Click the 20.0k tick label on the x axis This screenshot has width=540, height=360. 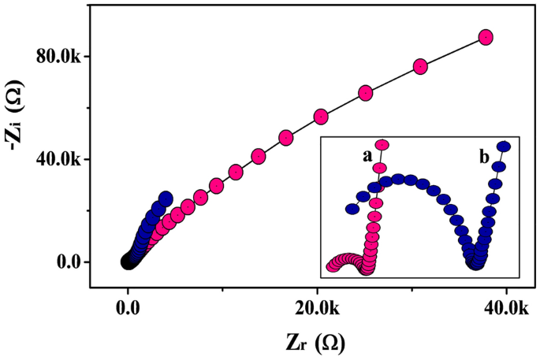pyautogui.click(x=316, y=310)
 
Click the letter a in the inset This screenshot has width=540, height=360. pyautogui.click(x=367, y=157)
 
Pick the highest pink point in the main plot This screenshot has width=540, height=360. pyautogui.click(x=486, y=37)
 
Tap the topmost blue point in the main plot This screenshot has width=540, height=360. pyautogui.click(x=166, y=198)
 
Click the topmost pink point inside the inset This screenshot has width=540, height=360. pyautogui.click(x=382, y=144)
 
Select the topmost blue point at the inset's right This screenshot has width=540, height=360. pyautogui.click(x=504, y=147)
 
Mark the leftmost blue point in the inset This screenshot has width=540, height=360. pyautogui.click(x=352, y=209)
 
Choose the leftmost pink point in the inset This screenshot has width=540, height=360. pyautogui.click(x=332, y=266)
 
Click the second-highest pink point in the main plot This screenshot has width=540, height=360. pyautogui.click(x=420, y=66)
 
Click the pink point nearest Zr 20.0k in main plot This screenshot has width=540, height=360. pyautogui.click(x=321, y=117)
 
